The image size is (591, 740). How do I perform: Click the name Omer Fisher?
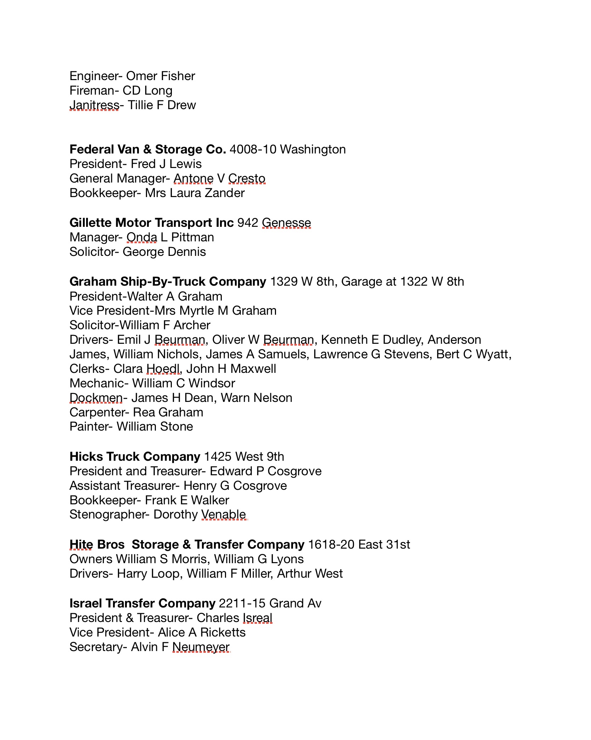(x=161, y=76)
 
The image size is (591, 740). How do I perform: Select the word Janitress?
(x=94, y=105)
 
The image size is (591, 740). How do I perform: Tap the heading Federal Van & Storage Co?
(x=148, y=150)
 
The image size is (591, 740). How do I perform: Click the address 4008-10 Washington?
(x=288, y=150)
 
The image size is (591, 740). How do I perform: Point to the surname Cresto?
(x=247, y=179)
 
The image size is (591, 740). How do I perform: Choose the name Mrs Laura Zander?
(x=195, y=193)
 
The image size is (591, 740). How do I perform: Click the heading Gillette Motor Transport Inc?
(x=152, y=223)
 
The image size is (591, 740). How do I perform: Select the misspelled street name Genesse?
(x=286, y=223)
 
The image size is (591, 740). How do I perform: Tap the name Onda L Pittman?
(x=170, y=237)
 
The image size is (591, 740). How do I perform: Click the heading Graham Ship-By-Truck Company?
(x=168, y=282)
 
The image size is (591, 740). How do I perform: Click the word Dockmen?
(x=96, y=398)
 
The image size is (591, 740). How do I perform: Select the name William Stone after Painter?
(x=155, y=427)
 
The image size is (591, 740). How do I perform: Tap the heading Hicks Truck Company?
(x=135, y=457)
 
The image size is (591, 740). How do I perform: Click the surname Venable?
(x=224, y=515)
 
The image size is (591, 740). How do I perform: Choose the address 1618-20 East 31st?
(x=359, y=545)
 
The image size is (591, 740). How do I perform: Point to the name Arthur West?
(x=310, y=574)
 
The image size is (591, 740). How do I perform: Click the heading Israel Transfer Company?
(x=142, y=604)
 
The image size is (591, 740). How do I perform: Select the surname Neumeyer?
(x=201, y=647)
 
